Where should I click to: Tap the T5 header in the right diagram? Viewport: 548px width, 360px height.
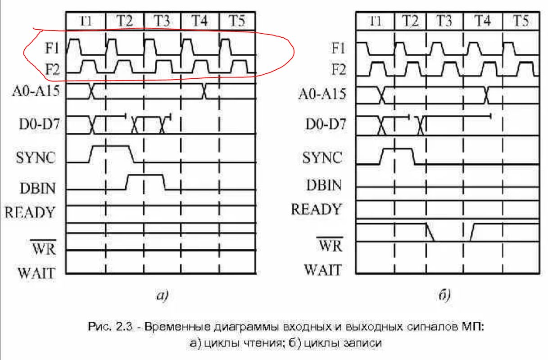pyautogui.click(x=521, y=21)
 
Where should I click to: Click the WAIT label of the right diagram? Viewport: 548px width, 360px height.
pyautogui.click(x=322, y=270)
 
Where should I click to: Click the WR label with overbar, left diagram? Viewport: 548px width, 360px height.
pyautogui.click(x=43, y=248)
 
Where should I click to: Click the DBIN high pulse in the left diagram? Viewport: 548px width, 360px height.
pyautogui.click(x=145, y=175)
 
